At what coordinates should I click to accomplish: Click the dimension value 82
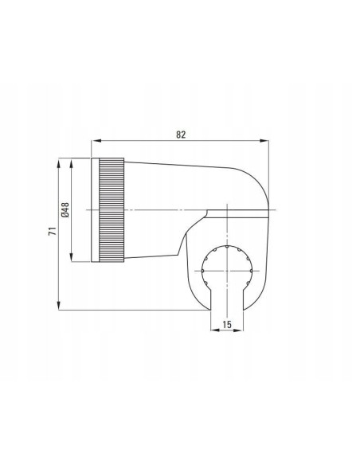[181, 135]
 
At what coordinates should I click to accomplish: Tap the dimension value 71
[53, 231]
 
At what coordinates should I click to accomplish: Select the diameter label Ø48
[65, 209]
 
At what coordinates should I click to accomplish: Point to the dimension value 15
[226, 324]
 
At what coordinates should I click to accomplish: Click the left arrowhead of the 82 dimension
[96, 141]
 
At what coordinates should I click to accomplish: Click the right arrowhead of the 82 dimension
[264, 141]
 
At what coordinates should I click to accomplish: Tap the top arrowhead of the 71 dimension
[59, 162]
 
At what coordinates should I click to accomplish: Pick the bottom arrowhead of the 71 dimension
[59, 306]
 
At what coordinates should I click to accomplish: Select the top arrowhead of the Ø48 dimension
[71, 162]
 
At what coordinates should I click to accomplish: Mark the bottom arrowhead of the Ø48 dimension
[71, 257]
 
